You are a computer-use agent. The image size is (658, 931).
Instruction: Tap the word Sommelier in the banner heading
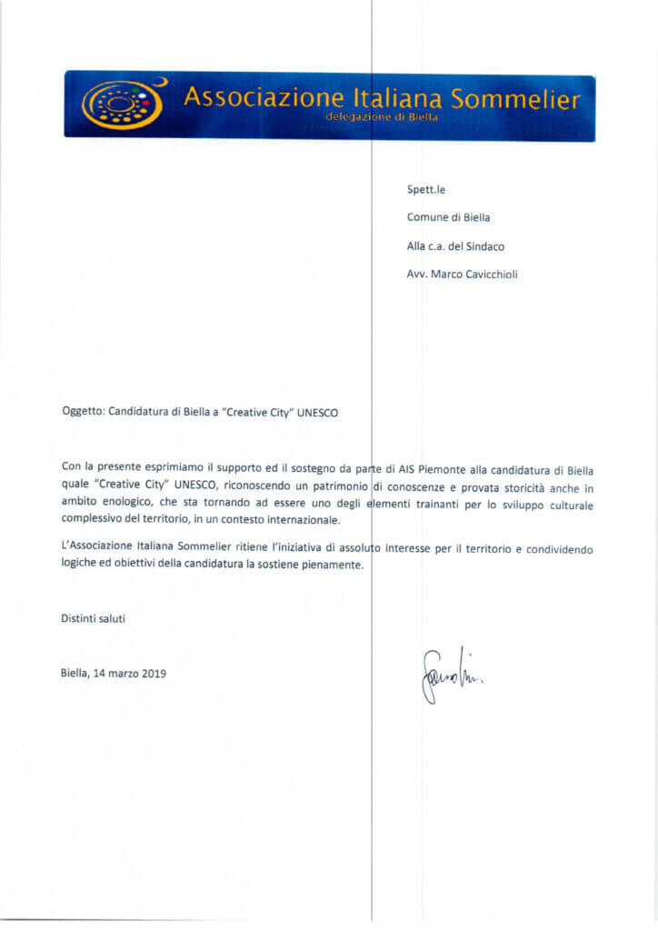515,99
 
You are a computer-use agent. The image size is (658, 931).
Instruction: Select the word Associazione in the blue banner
264,98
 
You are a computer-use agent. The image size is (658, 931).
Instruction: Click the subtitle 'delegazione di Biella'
375,118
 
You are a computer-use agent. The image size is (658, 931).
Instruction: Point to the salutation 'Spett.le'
425,190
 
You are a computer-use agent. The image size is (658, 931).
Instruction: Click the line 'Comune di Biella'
448,217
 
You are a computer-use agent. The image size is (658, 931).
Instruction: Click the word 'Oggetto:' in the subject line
84,411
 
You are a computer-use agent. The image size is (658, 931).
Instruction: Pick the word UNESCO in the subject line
324,411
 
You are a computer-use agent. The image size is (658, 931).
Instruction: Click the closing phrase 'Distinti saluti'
93,618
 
